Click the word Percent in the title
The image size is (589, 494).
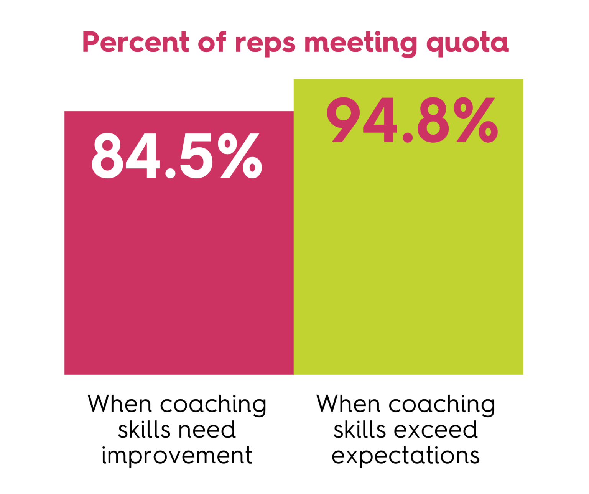[135, 42]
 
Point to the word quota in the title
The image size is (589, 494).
[468, 44]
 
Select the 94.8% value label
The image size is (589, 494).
[412, 120]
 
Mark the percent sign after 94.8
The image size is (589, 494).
[476, 120]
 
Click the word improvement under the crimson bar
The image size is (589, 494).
[177, 456]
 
